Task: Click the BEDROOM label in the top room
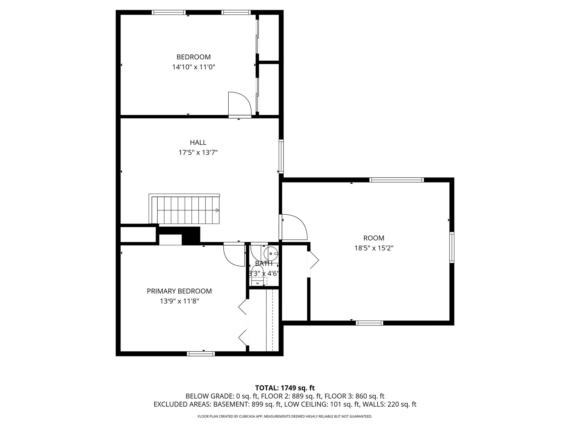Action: pos(194,57)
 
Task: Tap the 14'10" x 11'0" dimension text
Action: pos(194,67)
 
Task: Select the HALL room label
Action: pos(198,143)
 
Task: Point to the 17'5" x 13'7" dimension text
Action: pos(198,153)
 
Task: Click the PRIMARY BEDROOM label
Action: pos(179,291)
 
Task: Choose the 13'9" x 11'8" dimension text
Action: pos(179,301)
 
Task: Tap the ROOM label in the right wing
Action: pos(374,238)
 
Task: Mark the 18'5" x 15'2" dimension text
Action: pos(374,248)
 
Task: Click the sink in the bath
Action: pos(271,253)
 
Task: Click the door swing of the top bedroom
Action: pos(239,104)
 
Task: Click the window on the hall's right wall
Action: pos(281,156)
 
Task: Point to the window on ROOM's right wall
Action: pos(452,247)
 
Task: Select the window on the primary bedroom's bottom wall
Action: pos(201,354)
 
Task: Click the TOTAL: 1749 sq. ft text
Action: pos(285,388)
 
